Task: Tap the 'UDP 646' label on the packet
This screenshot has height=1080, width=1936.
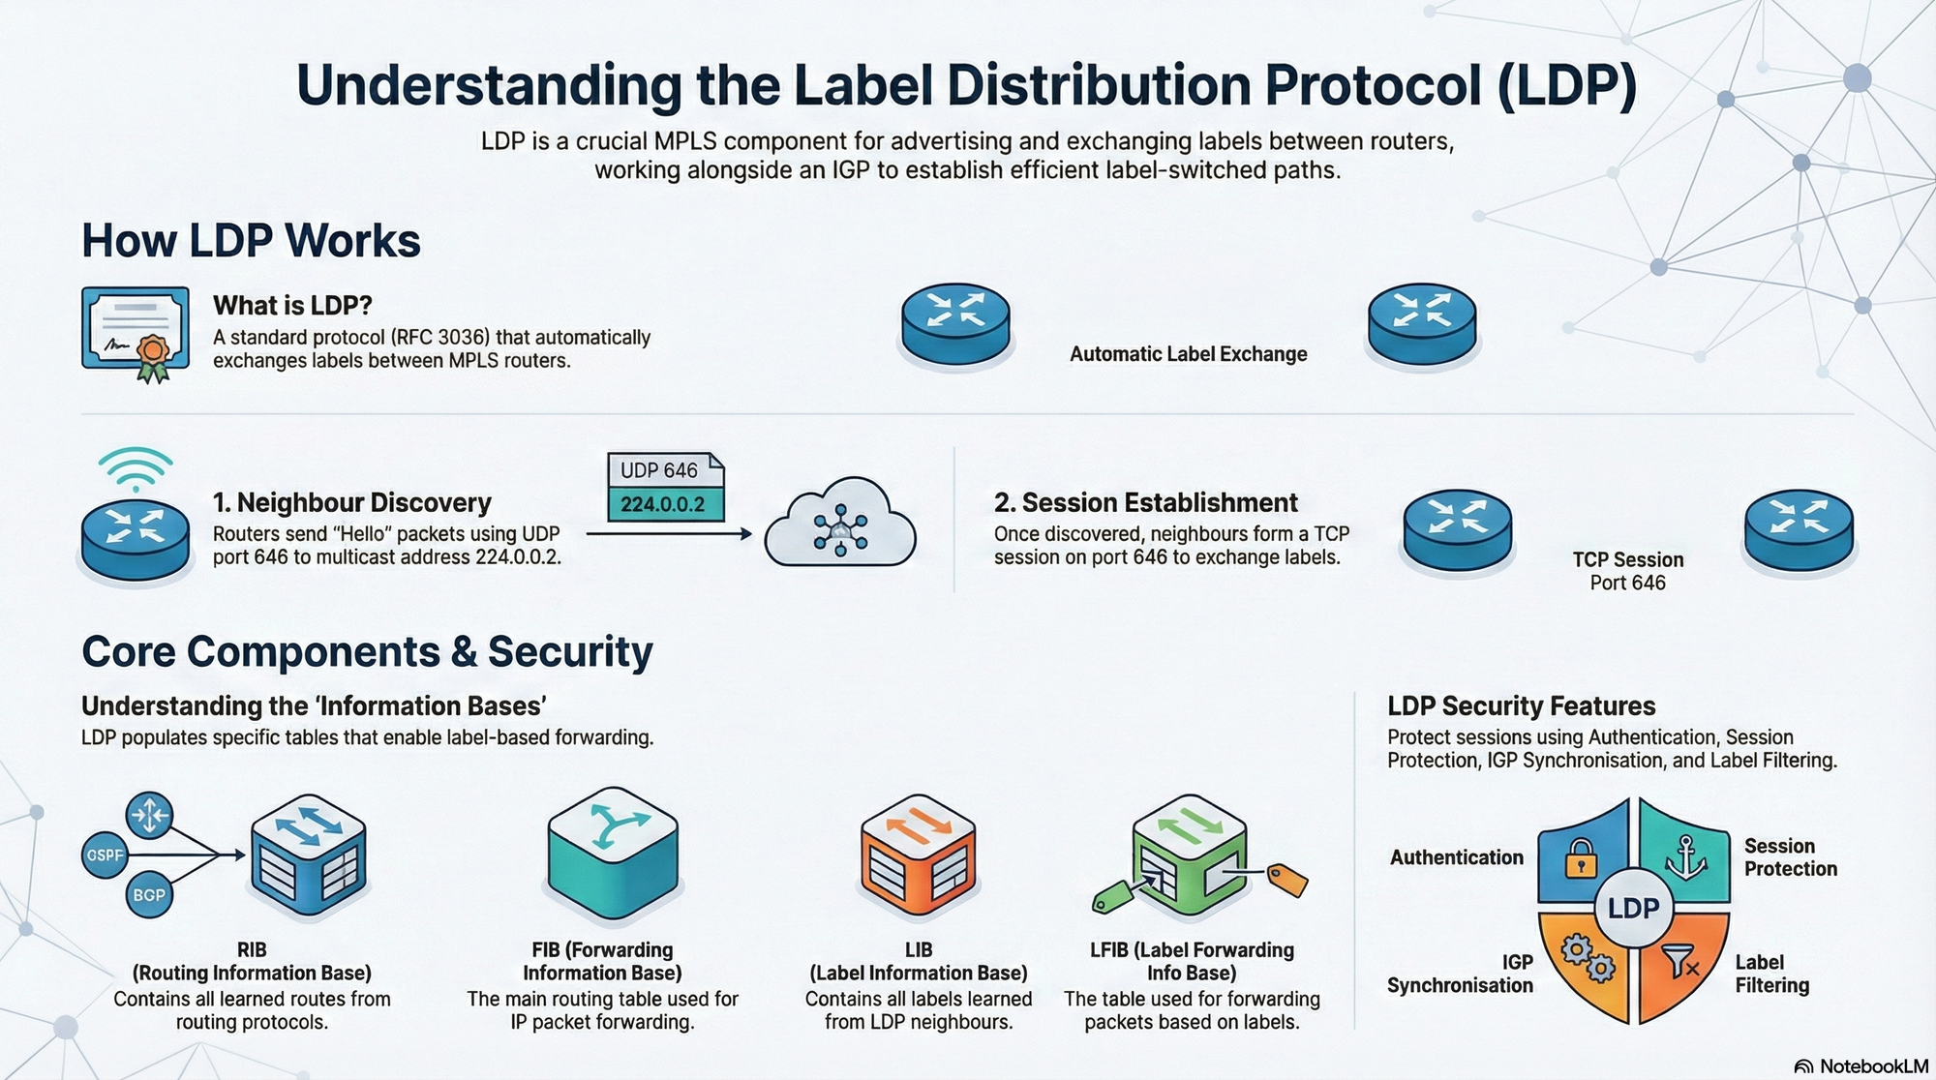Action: click(659, 470)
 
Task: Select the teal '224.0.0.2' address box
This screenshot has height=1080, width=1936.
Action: click(663, 504)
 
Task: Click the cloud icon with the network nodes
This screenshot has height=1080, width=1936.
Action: click(840, 525)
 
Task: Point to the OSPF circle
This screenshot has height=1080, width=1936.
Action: click(105, 855)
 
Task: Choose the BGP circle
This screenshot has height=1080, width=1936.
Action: click(148, 895)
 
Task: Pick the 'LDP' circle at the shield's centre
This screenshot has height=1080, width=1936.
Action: click(1633, 908)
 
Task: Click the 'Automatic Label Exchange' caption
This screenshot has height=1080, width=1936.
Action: click(1188, 354)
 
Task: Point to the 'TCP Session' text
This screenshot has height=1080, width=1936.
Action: click(1628, 559)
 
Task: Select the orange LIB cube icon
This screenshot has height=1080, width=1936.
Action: click(918, 854)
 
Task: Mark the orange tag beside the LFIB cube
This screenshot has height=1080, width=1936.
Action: click(1287, 879)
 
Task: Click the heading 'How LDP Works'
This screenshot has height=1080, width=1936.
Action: click(251, 240)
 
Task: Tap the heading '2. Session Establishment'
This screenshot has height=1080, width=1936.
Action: click(1145, 502)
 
